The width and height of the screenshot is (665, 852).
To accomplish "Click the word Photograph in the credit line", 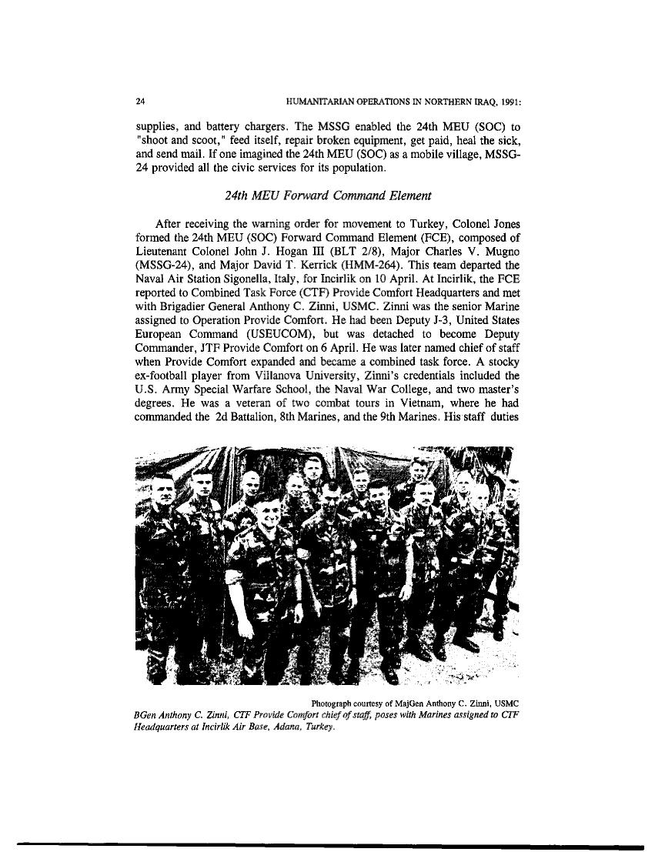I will coord(337,702).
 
